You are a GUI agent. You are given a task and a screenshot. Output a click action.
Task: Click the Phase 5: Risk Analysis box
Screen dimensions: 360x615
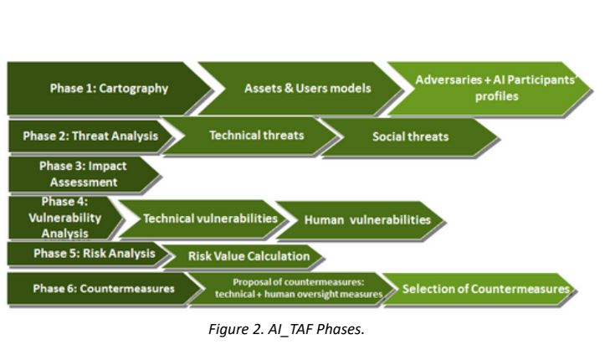click(x=84, y=255)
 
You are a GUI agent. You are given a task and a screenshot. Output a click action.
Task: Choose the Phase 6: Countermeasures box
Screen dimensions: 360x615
click(x=105, y=289)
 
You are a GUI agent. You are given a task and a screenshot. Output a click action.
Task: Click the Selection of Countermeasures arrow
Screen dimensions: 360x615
click(x=485, y=289)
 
